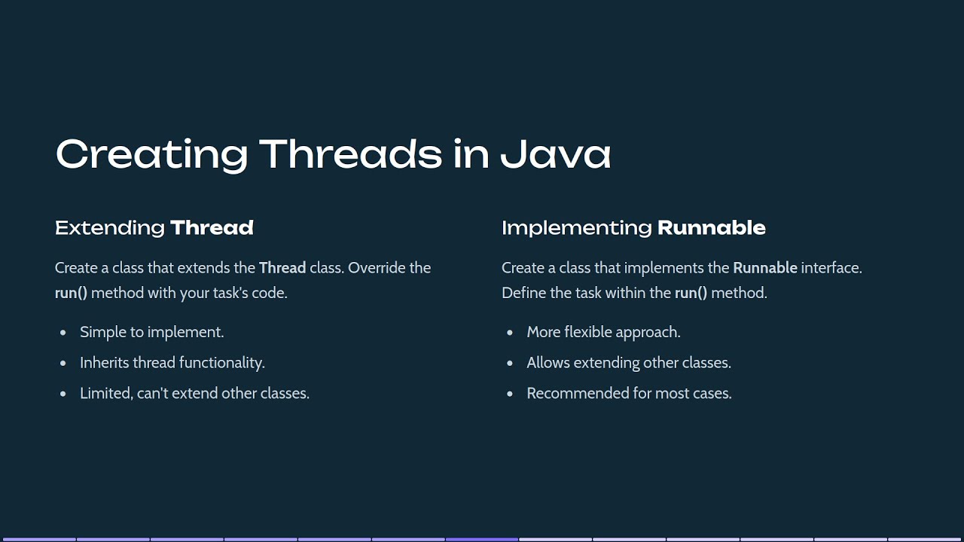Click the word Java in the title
pyautogui.click(x=555, y=154)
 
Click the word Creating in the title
pyautogui.click(x=151, y=154)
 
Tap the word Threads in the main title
pyautogui.click(x=351, y=154)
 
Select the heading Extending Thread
pyautogui.click(x=154, y=227)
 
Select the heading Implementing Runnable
pyautogui.click(x=633, y=227)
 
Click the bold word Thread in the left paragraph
pyautogui.click(x=282, y=267)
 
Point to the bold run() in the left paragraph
pyautogui.click(x=71, y=292)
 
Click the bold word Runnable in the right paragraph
pyautogui.click(x=764, y=267)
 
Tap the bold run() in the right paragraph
pyautogui.click(x=691, y=292)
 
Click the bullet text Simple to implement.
pyautogui.click(x=151, y=332)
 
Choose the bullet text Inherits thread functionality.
pyautogui.click(x=172, y=363)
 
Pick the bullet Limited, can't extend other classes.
pyautogui.click(x=194, y=393)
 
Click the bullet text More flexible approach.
pyautogui.click(x=603, y=332)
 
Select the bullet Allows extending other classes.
pyautogui.click(x=629, y=363)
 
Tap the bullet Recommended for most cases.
pyautogui.click(x=629, y=393)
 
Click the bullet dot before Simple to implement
pyautogui.click(x=63, y=333)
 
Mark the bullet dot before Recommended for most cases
pyautogui.click(x=510, y=394)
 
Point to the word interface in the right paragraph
pyautogui.click(x=831, y=267)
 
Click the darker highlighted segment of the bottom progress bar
pyautogui.click(x=482, y=539)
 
